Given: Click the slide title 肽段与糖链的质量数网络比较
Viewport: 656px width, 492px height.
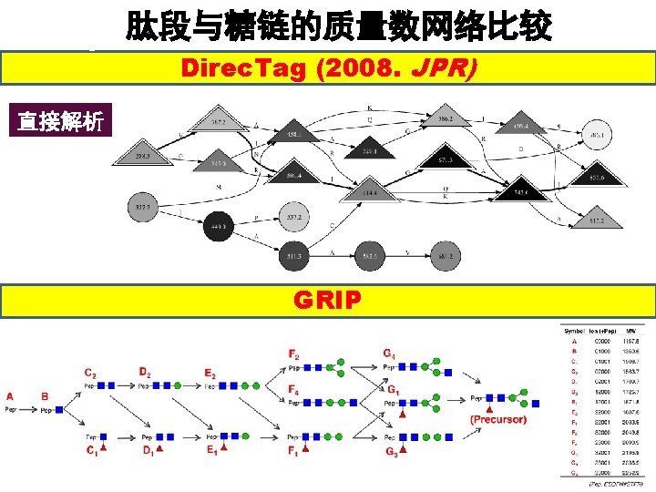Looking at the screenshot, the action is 338,26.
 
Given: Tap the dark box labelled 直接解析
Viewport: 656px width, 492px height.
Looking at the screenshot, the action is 60,121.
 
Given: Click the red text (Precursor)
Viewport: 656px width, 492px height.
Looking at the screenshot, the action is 498,419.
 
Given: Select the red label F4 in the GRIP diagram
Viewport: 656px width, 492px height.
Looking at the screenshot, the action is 294,390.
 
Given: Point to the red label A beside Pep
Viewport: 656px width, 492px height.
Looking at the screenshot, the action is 10,396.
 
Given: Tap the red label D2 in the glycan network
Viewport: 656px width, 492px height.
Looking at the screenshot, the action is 146,372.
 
